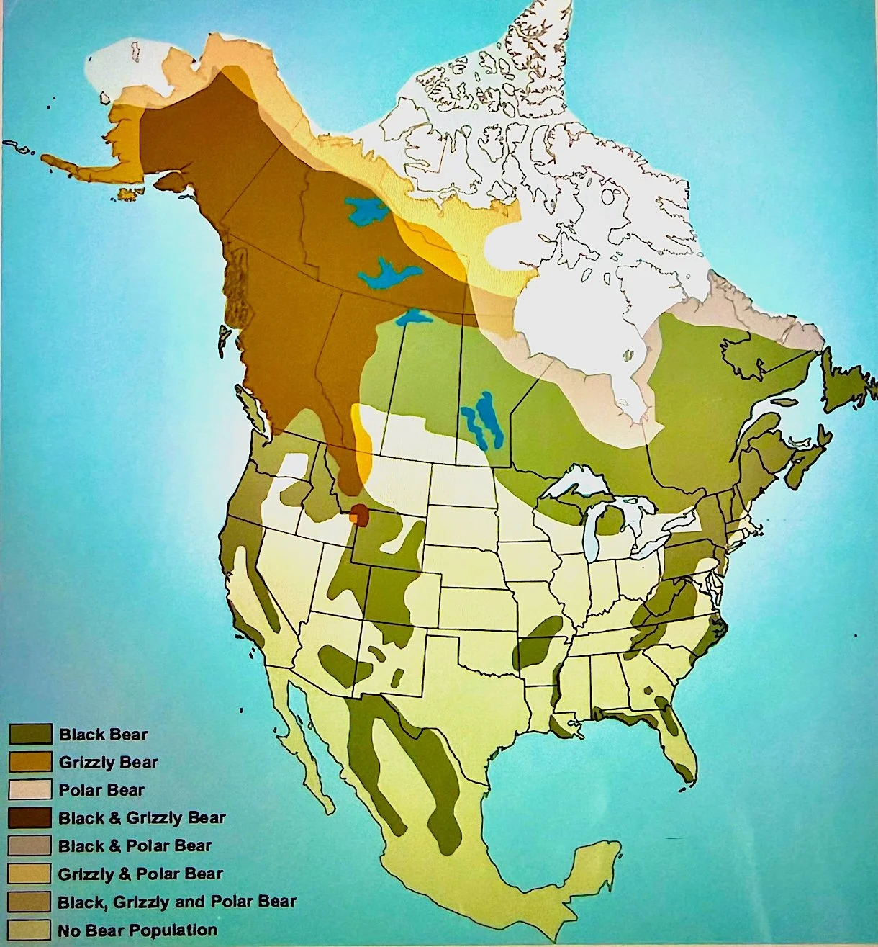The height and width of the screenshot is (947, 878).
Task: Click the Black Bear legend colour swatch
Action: pyautogui.click(x=30, y=734)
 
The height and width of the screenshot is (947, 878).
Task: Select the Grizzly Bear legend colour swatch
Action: pyautogui.click(x=30, y=762)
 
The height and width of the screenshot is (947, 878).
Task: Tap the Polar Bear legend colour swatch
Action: pyautogui.click(x=30, y=790)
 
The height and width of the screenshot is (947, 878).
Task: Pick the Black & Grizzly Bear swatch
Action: pyautogui.click(x=30, y=818)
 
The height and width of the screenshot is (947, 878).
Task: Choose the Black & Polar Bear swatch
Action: pyautogui.click(x=30, y=845)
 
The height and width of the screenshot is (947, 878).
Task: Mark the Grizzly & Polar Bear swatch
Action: pyautogui.click(x=30, y=874)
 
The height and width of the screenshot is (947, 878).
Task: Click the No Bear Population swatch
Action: pyautogui.click(x=30, y=930)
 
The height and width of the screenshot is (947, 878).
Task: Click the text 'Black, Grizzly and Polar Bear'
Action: pyautogui.click(x=177, y=902)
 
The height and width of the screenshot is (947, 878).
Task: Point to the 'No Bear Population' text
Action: pyautogui.click(x=137, y=930)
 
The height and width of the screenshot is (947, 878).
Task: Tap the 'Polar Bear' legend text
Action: pyautogui.click(x=101, y=790)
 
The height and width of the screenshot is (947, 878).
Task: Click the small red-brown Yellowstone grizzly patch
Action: pyautogui.click(x=359, y=516)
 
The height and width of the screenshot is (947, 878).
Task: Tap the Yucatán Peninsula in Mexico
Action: pyautogui.click(x=594, y=864)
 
